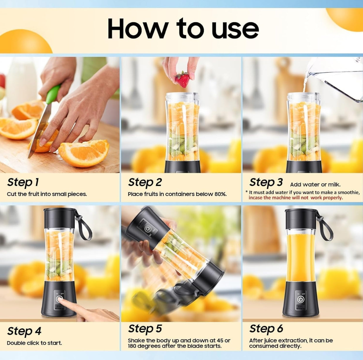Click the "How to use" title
tap(183, 28)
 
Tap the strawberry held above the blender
tap(182, 79)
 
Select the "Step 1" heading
tap(23, 182)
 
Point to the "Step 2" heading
tap(145, 182)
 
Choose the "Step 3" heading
tap(266, 182)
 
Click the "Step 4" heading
tap(24, 331)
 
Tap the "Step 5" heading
tap(145, 329)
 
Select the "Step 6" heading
tap(266, 329)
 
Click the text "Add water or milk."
tap(315, 185)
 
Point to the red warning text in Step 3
tap(296, 198)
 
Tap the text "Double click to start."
tap(34, 343)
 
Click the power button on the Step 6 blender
tap(301, 299)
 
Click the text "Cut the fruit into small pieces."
tap(47, 194)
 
